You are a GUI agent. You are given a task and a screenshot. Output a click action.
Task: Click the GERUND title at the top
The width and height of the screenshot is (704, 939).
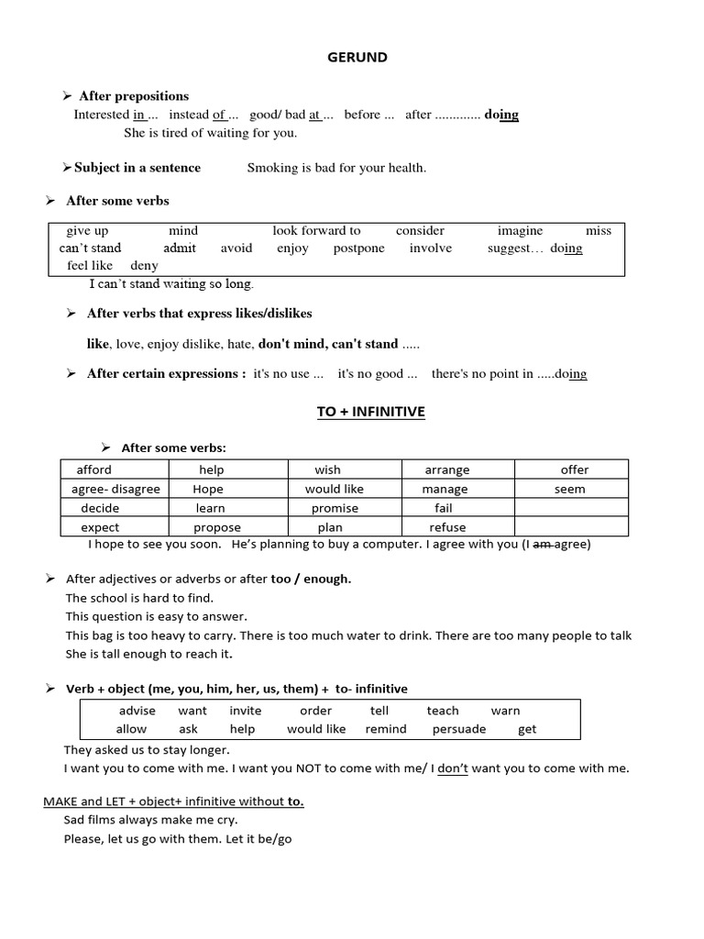357,58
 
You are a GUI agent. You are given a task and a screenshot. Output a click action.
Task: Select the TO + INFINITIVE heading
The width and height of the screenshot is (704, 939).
371,412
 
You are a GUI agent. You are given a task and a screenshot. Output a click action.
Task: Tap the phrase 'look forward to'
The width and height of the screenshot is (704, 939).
316,231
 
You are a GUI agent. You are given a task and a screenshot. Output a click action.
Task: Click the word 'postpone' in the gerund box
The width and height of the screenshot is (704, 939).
358,249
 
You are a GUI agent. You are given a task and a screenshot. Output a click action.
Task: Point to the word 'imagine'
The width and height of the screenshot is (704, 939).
520,231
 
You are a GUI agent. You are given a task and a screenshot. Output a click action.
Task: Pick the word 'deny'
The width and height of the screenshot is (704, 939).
145,266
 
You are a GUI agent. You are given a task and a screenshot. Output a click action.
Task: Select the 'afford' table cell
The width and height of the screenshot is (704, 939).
94,469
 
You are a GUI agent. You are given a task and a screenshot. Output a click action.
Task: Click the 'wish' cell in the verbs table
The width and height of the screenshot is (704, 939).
327,469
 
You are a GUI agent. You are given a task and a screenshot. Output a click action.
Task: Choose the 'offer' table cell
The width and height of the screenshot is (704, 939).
575,469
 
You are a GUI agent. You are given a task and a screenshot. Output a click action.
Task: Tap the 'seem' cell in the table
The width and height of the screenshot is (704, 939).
569,489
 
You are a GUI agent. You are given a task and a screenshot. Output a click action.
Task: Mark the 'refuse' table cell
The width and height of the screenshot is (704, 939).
447,527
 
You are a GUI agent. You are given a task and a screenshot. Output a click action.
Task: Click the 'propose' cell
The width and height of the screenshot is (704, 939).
217,527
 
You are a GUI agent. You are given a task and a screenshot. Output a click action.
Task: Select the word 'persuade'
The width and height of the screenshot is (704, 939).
458,729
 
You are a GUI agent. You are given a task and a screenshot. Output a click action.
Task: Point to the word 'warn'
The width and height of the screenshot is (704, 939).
505,711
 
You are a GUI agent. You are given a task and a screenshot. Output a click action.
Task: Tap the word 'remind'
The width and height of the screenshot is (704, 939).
386,729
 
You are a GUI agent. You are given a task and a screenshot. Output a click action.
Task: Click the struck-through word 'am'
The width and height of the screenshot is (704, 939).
542,544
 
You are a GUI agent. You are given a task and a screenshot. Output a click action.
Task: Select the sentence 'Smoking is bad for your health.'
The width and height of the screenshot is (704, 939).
336,168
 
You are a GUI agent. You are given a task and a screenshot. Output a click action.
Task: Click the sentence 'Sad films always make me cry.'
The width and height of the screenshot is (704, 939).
150,820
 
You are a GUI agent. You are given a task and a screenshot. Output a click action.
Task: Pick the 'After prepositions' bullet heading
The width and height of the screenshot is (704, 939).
134,96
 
